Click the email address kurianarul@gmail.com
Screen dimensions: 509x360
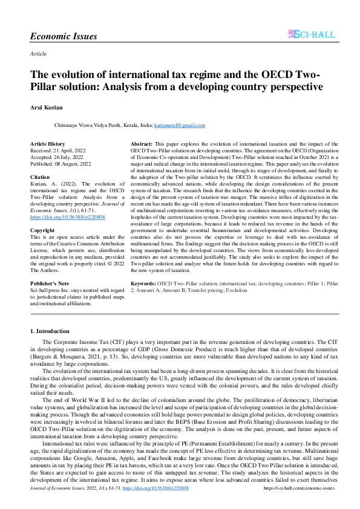[x=180, y=125]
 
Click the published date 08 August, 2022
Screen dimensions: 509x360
[x=76, y=163]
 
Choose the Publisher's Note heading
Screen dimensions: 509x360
[x=51, y=283]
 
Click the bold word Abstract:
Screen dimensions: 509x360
[x=142, y=144]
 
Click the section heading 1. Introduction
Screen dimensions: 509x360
[x=50, y=331]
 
